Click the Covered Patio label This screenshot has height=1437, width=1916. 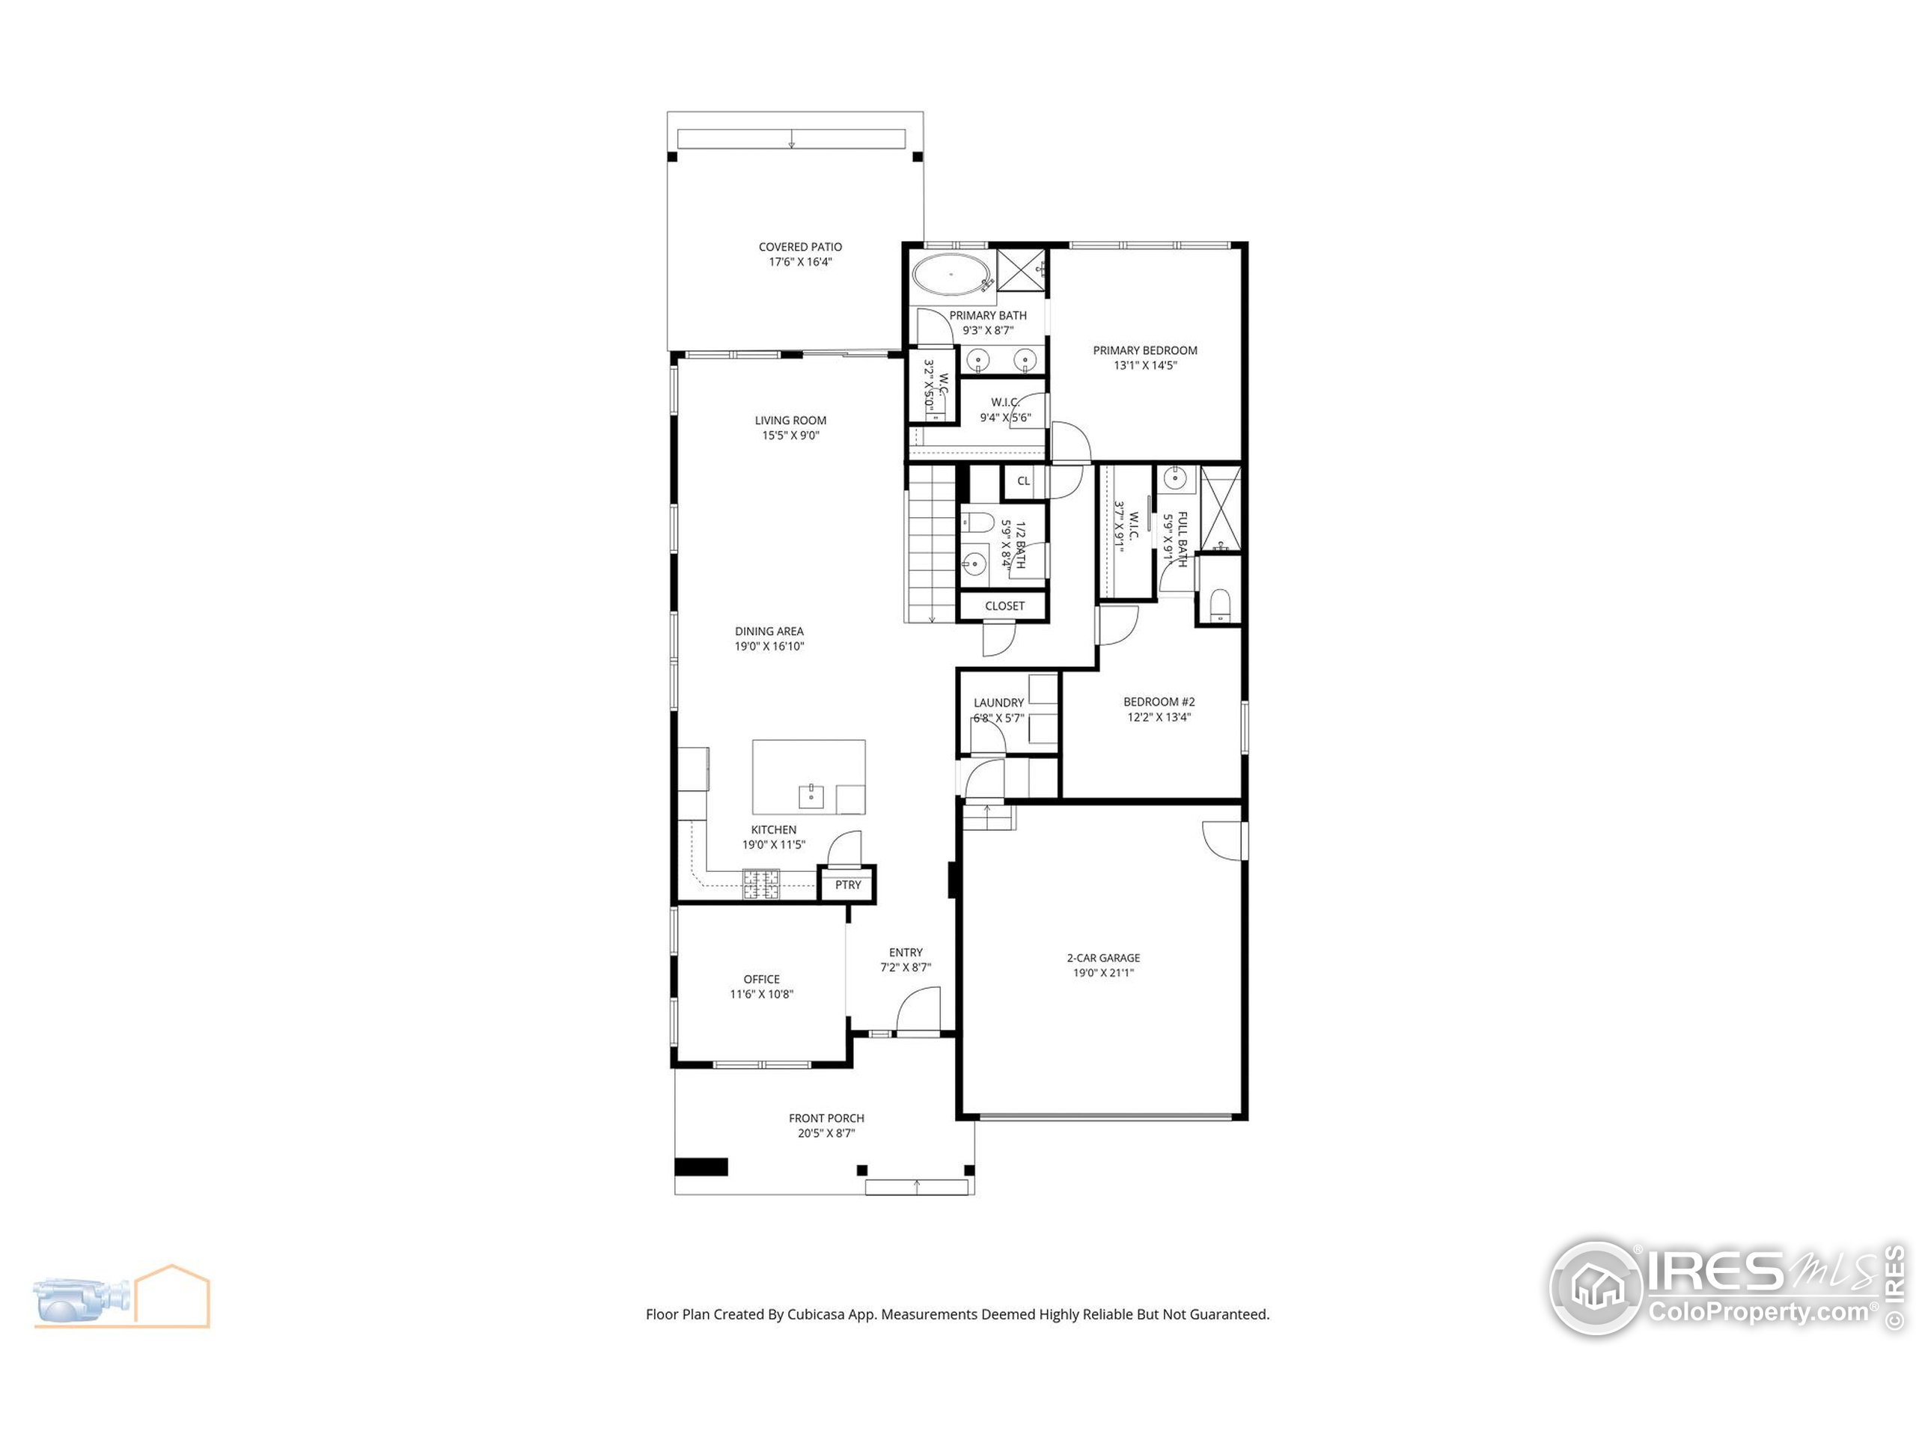(x=800, y=254)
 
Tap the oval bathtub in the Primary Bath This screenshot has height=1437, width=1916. (x=952, y=275)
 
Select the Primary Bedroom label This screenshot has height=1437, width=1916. (x=1145, y=357)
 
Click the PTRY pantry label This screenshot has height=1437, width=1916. (x=848, y=885)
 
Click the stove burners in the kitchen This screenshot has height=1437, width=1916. (x=760, y=883)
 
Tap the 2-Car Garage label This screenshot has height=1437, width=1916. (x=1103, y=965)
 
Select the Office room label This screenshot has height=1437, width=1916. (x=761, y=986)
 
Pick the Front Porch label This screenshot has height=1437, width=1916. (x=826, y=1125)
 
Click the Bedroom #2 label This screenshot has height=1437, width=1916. (x=1159, y=710)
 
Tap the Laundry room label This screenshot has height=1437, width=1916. (x=998, y=710)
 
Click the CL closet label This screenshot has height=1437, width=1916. (x=1024, y=480)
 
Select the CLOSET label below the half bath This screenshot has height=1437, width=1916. (x=1004, y=605)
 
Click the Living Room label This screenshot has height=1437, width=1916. (x=791, y=428)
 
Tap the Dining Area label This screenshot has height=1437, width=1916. (x=769, y=638)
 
